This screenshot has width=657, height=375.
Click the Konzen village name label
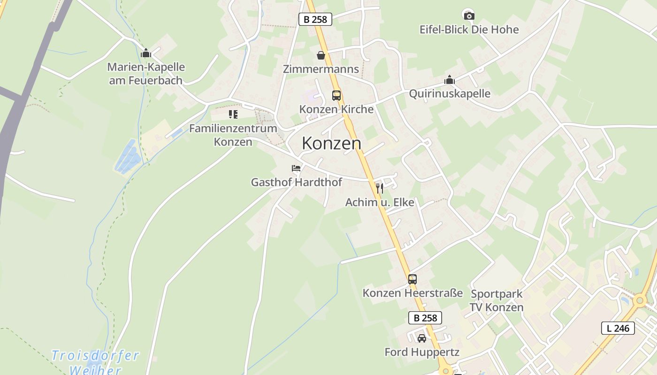click(331, 143)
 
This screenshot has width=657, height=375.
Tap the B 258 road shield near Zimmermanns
click(315, 19)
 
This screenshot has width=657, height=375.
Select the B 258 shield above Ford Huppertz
click(425, 318)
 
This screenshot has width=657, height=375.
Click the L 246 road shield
click(618, 328)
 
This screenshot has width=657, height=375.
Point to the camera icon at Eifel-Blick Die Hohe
click(469, 15)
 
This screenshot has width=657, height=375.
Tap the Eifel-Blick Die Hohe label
click(469, 30)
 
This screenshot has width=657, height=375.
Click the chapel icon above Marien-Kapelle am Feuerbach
click(146, 53)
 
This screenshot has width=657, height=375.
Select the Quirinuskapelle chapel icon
click(450, 80)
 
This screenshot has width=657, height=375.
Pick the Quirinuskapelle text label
click(450, 94)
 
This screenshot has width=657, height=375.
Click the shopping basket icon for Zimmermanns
click(321, 55)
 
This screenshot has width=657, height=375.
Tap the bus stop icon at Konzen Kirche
click(336, 96)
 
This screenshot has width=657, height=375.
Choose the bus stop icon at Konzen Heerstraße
click(413, 279)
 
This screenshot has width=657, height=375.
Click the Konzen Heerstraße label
click(413, 293)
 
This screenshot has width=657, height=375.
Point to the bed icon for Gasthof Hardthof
click(296, 168)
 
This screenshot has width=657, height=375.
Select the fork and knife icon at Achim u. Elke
click(380, 188)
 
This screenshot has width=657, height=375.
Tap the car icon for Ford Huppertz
click(422, 338)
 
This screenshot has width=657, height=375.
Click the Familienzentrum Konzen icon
click(233, 114)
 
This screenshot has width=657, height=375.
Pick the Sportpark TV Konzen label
click(497, 301)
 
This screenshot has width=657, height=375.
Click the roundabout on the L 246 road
click(639, 300)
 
